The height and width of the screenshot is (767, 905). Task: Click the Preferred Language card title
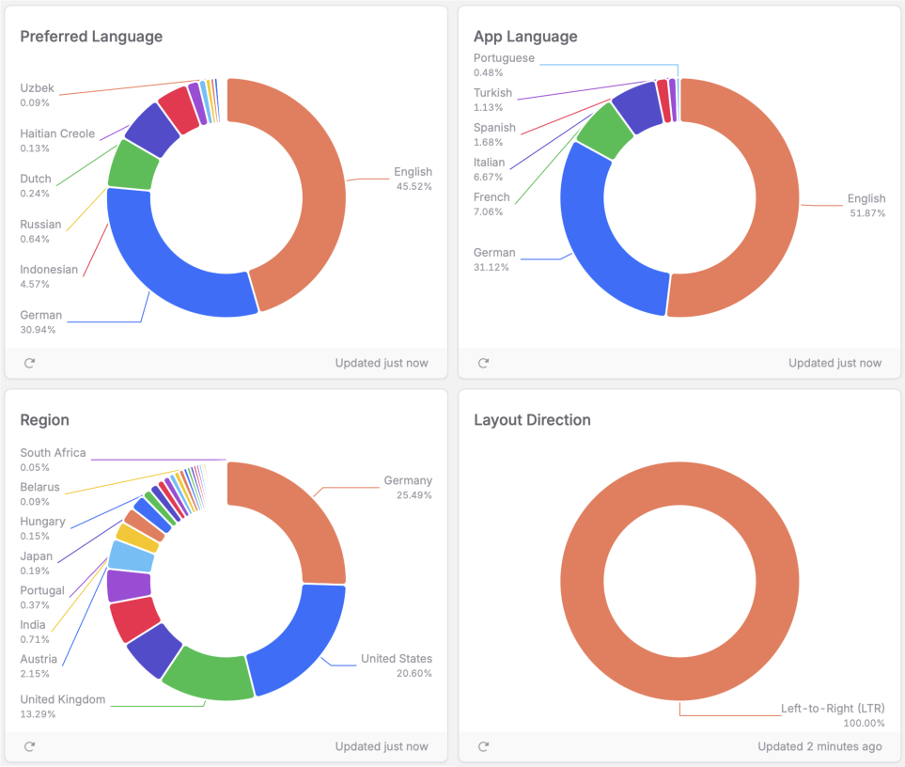pos(91,37)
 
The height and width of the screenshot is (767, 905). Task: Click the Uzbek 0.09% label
pos(38,95)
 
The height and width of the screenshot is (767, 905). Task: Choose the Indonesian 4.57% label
pos(49,276)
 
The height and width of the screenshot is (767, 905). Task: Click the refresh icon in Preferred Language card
pos(29,363)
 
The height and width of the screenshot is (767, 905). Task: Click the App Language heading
pos(525,37)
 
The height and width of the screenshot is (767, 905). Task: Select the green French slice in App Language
pos(603,132)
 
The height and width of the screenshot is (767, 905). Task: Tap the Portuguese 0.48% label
pos(504,65)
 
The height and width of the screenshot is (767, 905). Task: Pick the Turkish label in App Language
pos(492,100)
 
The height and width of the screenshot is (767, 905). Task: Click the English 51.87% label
pos(866,205)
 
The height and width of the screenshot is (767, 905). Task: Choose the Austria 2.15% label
pos(39,665)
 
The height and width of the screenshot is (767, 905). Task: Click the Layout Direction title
pos(532,420)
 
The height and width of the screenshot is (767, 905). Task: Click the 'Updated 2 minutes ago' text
pos(819,746)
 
